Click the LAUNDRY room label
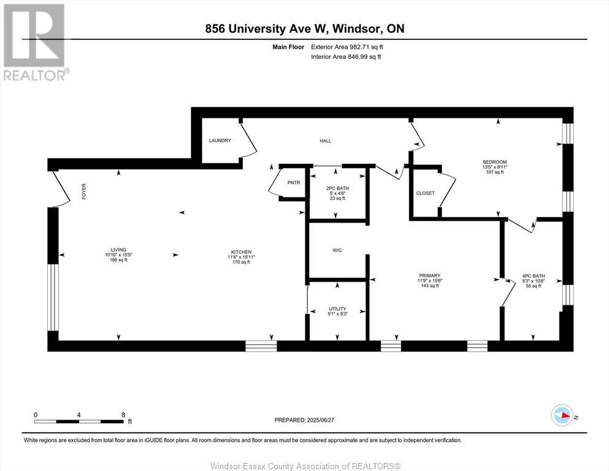click(x=220, y=140)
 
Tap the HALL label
click(x=325, y=140)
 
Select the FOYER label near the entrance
click(x=84, y=191)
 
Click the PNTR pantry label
click(x=294, y=182)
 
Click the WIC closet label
click(x=337, y=250)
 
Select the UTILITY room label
click(x=337, y=308)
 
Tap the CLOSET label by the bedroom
click(x=425, y=193)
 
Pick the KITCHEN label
click(x=241, y=252)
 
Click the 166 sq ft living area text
click(x=118, y=261)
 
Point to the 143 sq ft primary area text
click(x=429, y=286)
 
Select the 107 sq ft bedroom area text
click(x=494, y=172)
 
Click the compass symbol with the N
click(x=562, y=416)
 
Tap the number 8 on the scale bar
click(x=123, y=415)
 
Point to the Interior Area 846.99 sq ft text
click(x=345, y=56)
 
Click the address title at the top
click(x=305, y=29)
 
